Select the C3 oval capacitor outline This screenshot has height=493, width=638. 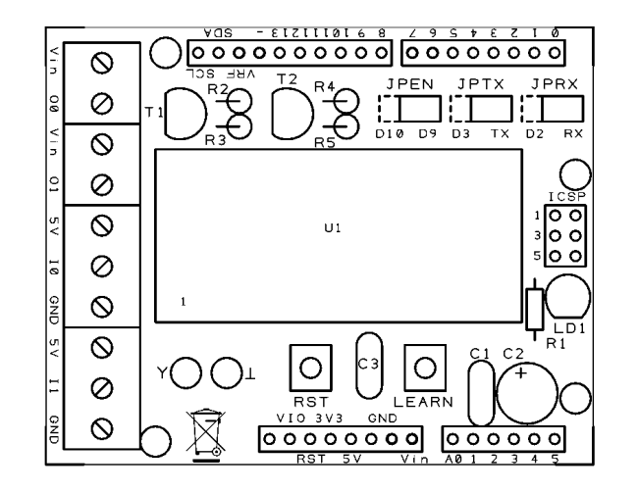[356, 366]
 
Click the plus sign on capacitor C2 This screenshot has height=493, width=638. [521, 372]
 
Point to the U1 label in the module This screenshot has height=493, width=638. [333, 228]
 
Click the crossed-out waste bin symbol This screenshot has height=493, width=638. [205, 435]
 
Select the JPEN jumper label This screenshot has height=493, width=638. [409, 84]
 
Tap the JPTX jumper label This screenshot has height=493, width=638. [481, 84]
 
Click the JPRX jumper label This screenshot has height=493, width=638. [555, 84]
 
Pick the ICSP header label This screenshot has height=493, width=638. [567, 197]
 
